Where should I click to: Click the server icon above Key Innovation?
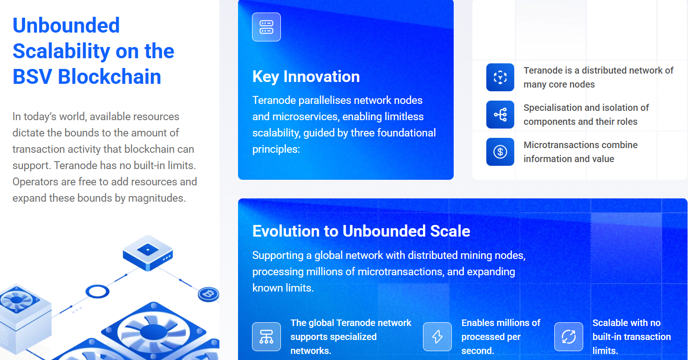266,27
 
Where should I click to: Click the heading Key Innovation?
306,76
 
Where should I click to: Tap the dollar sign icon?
500,152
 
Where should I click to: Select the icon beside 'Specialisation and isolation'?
500,115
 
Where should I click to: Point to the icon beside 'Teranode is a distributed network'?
500,77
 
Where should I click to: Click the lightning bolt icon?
437,337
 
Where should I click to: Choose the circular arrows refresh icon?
569,337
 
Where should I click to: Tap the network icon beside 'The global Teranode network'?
266,337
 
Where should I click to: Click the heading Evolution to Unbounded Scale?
361,231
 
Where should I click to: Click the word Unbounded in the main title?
66,25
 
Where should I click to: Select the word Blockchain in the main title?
109,76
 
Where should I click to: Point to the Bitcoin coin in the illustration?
209,294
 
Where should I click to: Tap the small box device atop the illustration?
148,253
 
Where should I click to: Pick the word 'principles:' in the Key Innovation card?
276,149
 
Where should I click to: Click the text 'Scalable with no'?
626,323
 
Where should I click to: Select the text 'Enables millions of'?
501,323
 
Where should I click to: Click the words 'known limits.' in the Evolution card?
283,288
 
